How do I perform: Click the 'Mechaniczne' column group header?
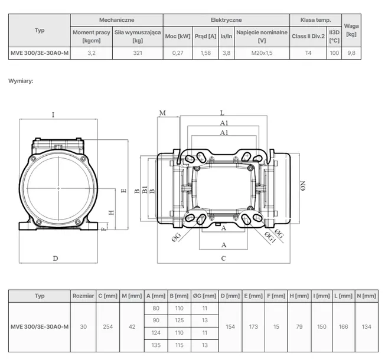click(116, 20)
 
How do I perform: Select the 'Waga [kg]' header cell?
click(351, 30)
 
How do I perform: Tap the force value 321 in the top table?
click(138, 53)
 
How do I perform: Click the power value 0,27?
click(178, 53)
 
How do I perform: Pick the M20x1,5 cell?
click(262, 53)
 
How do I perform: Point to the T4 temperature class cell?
click(308, 53)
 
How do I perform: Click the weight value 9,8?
click(351, 53)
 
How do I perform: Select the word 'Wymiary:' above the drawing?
click(21, 81)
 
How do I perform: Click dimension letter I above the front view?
click(53, 114)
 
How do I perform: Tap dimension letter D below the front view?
click(56, 258)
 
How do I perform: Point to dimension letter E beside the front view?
click(124, 191)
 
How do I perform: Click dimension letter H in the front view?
click(112, 212)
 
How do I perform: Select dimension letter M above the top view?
click(162, 113)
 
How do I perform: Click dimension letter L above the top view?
click(222, 113)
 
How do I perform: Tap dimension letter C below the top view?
click(223, 258)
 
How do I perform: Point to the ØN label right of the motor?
click(303, 186)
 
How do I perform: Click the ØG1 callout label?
click(270, 237)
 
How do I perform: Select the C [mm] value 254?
click(108, 326)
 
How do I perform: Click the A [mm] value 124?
click(156, 333)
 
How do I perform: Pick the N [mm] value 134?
click(367, 326)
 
